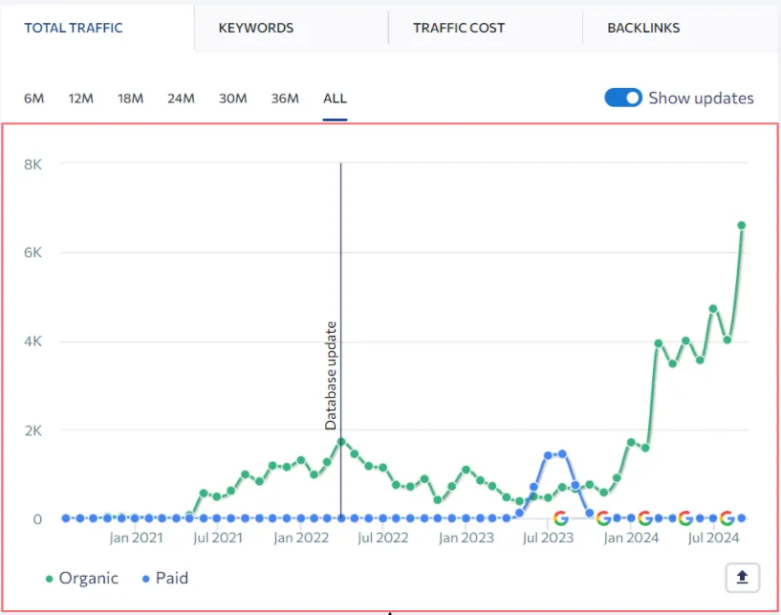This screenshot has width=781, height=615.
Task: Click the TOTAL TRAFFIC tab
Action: (74, 28)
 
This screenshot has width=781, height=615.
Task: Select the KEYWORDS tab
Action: (255, 28)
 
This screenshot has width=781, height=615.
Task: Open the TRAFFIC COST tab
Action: (459, 28)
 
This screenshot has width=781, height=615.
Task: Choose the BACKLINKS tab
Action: (643, 28)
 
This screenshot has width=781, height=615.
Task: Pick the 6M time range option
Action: (33, 99)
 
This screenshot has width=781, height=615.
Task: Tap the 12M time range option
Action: (80, 99)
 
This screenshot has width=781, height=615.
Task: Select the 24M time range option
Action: (181, 99)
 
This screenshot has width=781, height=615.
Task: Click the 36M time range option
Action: (285, 99)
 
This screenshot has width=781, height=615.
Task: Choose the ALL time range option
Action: (335, 99)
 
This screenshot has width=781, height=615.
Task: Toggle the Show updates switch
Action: (623, 98)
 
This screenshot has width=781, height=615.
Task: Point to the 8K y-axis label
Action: (33, 164)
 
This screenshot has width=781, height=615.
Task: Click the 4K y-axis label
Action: (33, 341)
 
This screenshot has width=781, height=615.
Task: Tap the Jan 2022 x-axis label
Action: (301, 538)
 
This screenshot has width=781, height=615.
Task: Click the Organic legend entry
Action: (81, 578)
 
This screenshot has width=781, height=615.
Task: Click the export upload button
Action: (742, 578)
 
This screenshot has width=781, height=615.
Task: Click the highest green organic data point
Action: (741, 226)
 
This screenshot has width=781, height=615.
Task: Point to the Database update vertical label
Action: (331, 375)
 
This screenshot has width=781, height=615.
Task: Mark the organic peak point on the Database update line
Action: (340, 442)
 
